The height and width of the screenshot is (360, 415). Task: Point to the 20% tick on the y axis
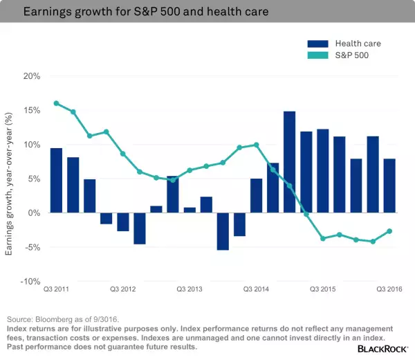pos(32,76)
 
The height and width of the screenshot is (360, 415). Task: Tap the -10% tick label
pos(30,281)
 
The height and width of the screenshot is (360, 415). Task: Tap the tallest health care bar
pos(289,162)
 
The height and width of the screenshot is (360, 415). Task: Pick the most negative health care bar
pos(222,231)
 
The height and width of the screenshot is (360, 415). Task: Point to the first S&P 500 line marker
pos(56,103)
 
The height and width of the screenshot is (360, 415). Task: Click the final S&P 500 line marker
pos(389,231)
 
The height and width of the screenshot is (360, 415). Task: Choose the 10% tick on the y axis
pos(32,144)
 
